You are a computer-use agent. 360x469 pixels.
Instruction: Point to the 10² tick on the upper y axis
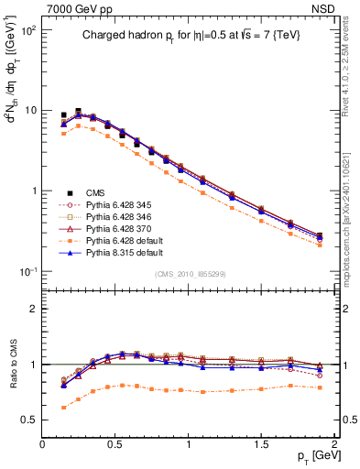click(28, 30)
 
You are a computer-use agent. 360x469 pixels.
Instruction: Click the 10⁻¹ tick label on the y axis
click(27, 272)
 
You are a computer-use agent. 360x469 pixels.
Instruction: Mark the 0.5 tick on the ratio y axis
click(29, 420)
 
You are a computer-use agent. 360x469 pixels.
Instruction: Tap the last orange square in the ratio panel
click(320, 387)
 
